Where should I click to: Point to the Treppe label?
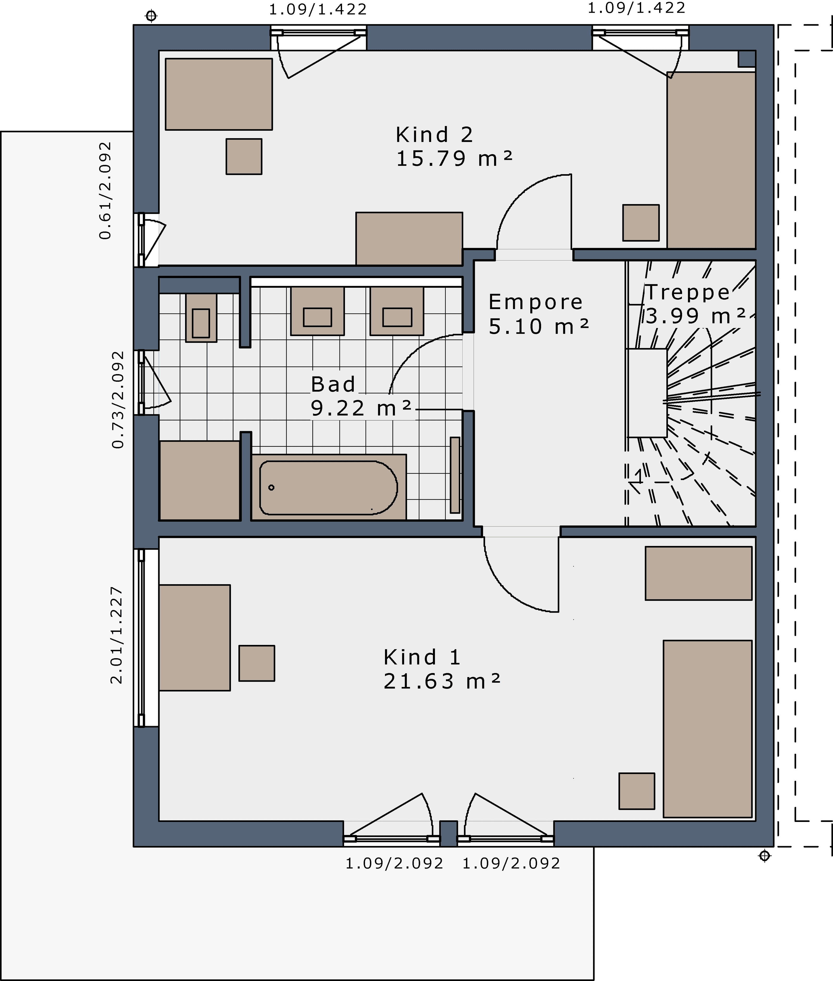pyautogui.click(x=687, y=292)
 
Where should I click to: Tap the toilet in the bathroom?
pyautogui.click(x=201, y=317)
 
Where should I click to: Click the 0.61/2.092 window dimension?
pyautogui.click(x=105, y=190)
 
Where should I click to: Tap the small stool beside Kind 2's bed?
pyautogui.click(x=641, y=222)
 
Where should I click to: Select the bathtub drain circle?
pyautogui.click(x=271, y=487)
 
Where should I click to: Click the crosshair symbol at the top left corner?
pyautogui.click(x=151, y=16)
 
